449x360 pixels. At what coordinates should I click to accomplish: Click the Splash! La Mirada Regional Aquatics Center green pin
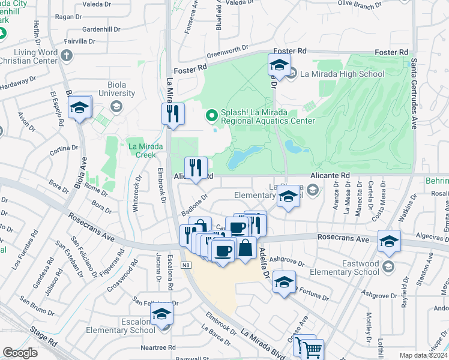pos(211,114)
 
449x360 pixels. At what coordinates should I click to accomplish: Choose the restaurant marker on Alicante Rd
pos(195,168)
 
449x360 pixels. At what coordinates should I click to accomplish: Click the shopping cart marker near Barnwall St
pos(313,350)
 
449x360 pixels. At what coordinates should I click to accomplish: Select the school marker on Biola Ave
pos(79,108)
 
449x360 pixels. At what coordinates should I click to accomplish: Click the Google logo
pos(20,353)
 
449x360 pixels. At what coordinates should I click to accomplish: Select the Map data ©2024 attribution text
pos(423,355)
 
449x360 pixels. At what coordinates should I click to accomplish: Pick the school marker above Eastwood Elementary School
pos(389,241)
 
